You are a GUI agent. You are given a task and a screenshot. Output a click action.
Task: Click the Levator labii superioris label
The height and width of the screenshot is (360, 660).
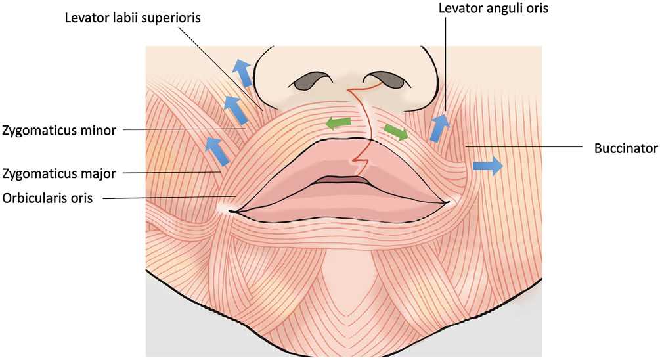(133, 18)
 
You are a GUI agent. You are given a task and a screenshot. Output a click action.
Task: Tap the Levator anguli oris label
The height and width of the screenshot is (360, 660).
(493, 8)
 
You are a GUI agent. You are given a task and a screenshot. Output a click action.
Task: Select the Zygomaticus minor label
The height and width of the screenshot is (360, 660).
(59, 131)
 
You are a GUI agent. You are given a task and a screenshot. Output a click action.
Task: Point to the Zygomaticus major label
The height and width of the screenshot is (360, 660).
(59, 173)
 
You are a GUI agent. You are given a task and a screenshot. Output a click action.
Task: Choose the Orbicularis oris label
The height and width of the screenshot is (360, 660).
(47, 198)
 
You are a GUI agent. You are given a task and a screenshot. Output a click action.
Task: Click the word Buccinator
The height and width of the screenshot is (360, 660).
(626, 148)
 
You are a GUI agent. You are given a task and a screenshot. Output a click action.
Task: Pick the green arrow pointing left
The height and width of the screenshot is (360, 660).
(338, 124)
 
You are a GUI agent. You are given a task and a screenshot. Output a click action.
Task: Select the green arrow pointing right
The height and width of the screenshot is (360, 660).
(396, 132)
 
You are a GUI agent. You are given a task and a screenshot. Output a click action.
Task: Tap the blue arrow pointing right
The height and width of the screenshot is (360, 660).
(488, 166)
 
